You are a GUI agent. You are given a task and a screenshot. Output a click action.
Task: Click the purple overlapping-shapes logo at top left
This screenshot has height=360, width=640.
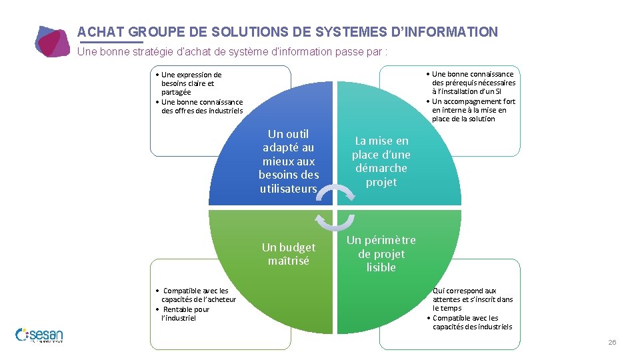[52, 41]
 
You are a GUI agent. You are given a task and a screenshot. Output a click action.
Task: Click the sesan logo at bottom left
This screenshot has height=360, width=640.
[39, 335]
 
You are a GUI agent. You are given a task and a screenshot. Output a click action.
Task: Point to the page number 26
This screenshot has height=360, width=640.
[611, 342]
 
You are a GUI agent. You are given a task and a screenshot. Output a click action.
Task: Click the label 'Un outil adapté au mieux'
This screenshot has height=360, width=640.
[289, 161]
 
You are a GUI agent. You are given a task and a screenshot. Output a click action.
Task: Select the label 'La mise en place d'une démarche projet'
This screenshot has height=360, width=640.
[381, 161]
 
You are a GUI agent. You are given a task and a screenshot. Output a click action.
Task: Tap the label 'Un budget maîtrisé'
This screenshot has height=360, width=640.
[289, 254]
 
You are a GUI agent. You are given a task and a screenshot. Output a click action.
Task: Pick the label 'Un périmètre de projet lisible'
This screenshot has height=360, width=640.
[381, 253]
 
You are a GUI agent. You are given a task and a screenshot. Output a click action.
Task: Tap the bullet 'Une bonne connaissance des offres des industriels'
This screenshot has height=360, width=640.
[201, 106]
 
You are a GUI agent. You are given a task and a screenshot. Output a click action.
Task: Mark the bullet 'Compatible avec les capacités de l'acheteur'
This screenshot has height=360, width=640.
[197, 295]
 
